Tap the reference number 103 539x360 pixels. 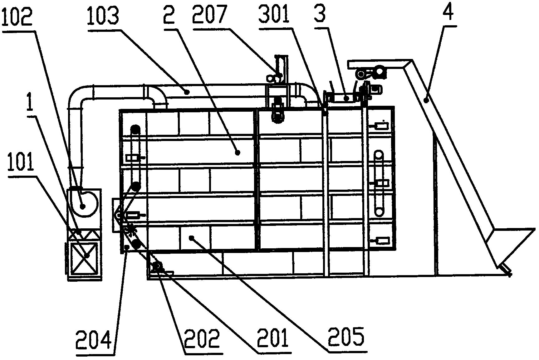103,16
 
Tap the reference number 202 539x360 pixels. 202,339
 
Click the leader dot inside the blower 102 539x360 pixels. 83,206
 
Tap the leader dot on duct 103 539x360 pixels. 187,92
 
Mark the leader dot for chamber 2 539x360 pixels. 238,153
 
